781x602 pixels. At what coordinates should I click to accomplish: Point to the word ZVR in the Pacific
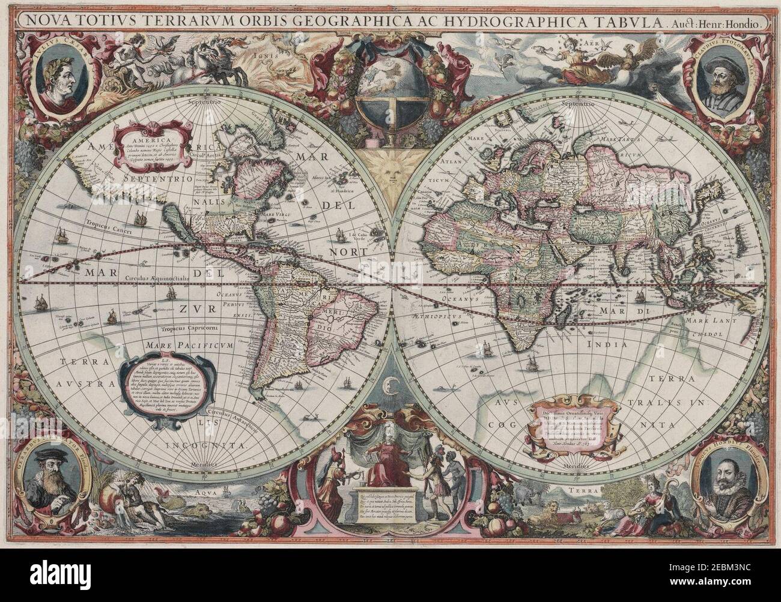193,309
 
